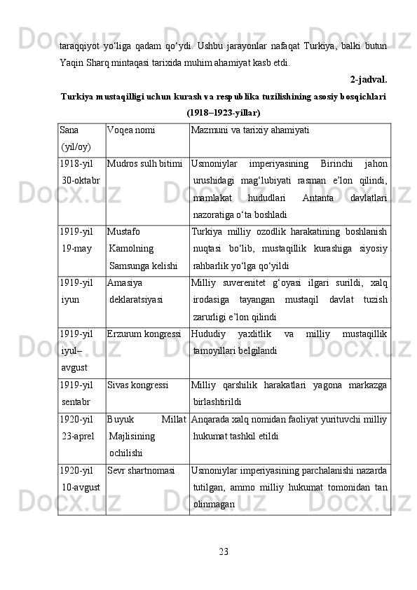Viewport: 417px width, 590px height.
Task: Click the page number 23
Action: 223,549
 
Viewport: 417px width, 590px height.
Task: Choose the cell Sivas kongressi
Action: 137,385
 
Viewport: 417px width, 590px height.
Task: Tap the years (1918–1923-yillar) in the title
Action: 224,112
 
